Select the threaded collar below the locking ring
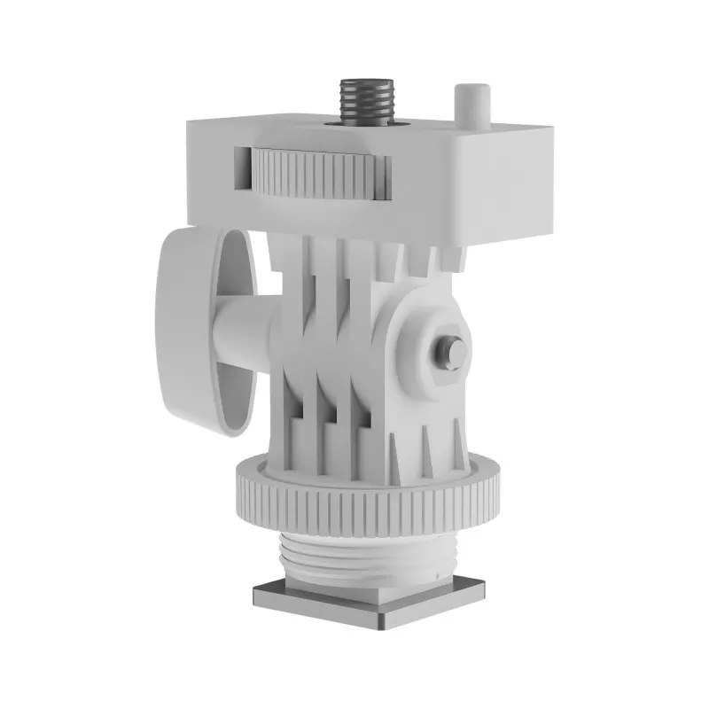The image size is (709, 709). point(368,555)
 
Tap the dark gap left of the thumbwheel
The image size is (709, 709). point(242,168)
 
